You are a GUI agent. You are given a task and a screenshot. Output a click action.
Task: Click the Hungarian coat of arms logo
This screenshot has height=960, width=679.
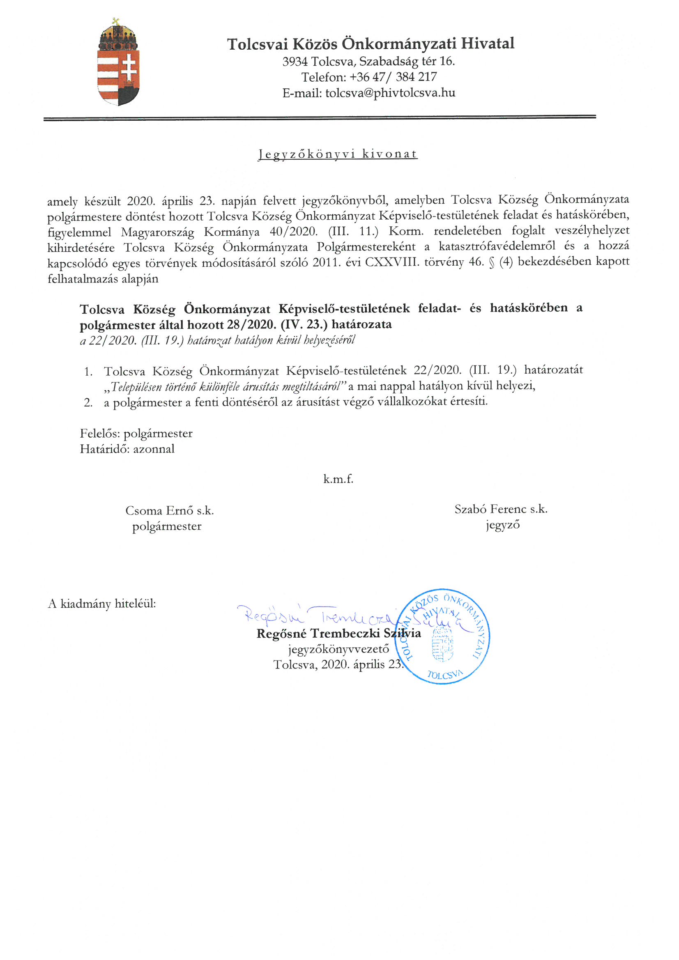point(118,63)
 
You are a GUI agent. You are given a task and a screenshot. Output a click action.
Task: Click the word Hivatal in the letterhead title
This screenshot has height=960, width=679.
point(488,44)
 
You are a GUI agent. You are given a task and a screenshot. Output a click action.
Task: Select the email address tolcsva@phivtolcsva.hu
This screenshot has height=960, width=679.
point(390,92)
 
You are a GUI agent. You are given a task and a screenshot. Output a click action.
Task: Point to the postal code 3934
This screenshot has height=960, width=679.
point(295,62)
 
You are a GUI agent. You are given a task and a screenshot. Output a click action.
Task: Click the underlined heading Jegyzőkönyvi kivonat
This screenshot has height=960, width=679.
point(338,154)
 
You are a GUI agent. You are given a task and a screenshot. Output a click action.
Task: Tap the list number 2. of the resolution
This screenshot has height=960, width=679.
point(88,402)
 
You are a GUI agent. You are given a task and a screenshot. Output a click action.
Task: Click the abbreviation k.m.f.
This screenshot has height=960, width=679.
point(338,479)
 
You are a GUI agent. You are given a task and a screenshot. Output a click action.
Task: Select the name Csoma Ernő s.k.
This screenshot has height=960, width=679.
point(169,510)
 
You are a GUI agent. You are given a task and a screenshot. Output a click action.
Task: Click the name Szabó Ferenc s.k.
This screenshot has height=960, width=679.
point(501,509)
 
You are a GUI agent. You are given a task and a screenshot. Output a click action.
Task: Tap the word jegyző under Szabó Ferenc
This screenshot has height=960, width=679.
point(502,525)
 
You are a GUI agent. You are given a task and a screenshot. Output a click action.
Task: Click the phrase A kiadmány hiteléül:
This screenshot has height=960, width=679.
point(101,603)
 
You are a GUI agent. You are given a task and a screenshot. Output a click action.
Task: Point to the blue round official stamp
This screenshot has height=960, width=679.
point(442,636)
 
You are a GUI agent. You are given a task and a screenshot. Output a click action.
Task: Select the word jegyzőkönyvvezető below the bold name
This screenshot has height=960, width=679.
point(338,649)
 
